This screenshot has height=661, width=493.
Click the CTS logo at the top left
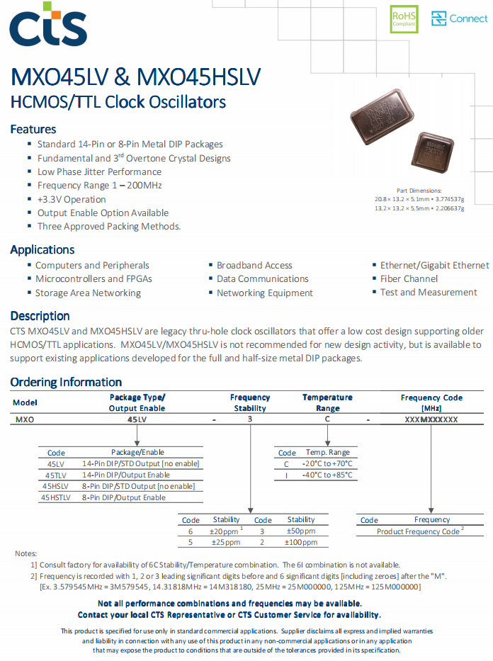(47, 25)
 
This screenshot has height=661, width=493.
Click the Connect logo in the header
(460, 19)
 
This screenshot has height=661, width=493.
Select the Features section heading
(33, 130)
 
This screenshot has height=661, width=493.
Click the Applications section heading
(42, 249)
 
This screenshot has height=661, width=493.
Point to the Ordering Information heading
(66, 382)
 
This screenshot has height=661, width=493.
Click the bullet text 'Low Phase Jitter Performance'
(99, 171)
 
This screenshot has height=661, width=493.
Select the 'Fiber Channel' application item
(409, 278)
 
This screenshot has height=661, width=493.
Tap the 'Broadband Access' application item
(254, 265)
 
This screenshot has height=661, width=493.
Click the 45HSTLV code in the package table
(56, 497)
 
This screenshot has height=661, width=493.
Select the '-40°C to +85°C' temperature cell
(328, 475)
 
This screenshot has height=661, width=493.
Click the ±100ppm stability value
(300, 542)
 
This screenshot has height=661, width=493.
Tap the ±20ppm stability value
(225, 531)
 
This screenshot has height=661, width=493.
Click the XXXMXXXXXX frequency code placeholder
(431, 419)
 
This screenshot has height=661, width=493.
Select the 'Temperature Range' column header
(327, 402)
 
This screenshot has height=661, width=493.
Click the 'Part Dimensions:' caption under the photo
(419, 191)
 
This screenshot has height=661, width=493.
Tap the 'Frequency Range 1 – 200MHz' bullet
(99, 185)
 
